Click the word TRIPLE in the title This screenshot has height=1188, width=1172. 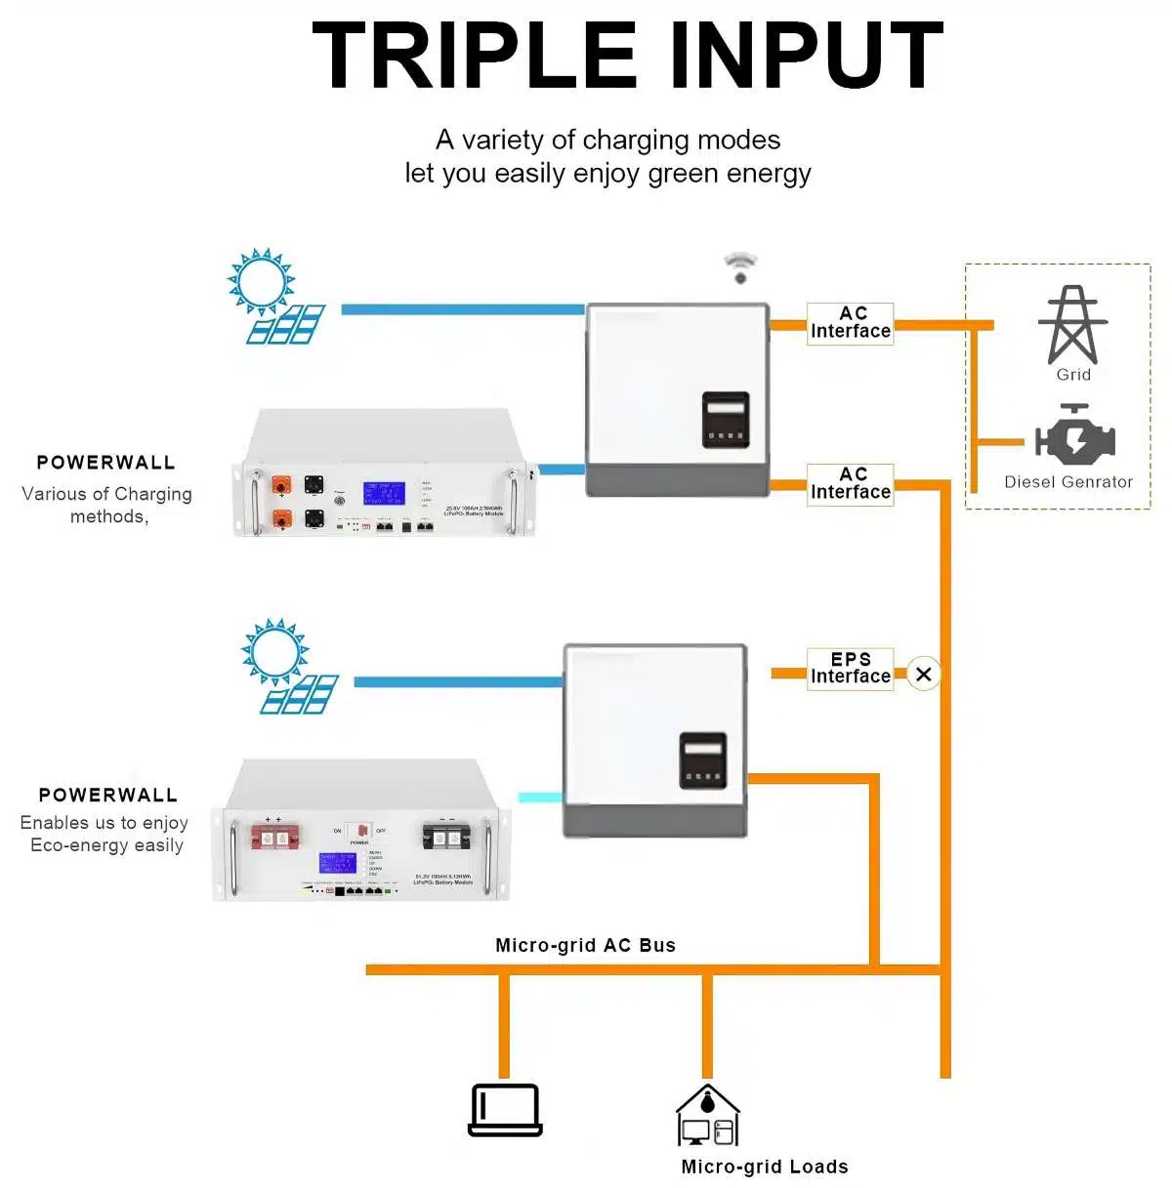(x=475, y=56)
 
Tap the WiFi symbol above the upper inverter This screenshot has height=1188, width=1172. (x=740, y=266)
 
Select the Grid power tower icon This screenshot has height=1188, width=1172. (x=1072, y=325)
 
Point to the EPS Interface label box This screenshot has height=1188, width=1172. (x=851, y=669)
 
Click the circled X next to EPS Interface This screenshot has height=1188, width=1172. (x=924, y=674)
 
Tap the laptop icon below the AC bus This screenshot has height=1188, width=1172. (x=505, y=1110)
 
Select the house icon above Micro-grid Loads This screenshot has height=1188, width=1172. (x=708, y=1115)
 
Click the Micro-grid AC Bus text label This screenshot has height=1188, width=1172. (x=585, y=945)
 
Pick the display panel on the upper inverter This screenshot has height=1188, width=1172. (x=726, y=419)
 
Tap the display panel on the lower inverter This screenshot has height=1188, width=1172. (x=703, y=760)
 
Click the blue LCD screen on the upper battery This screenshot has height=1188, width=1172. (x=384, y=492)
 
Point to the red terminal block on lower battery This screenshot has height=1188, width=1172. (x=274, y=837)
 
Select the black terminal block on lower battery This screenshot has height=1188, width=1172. (x=445, y=837)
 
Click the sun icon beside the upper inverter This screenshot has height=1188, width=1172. (x=261, y=281)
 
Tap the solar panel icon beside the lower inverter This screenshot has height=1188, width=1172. (x=300, y=694)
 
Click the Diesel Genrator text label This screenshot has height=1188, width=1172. (x=1068, y=481)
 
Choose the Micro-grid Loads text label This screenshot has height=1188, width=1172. (x=764, y=1167)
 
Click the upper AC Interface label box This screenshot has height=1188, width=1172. (x=851, y=322)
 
